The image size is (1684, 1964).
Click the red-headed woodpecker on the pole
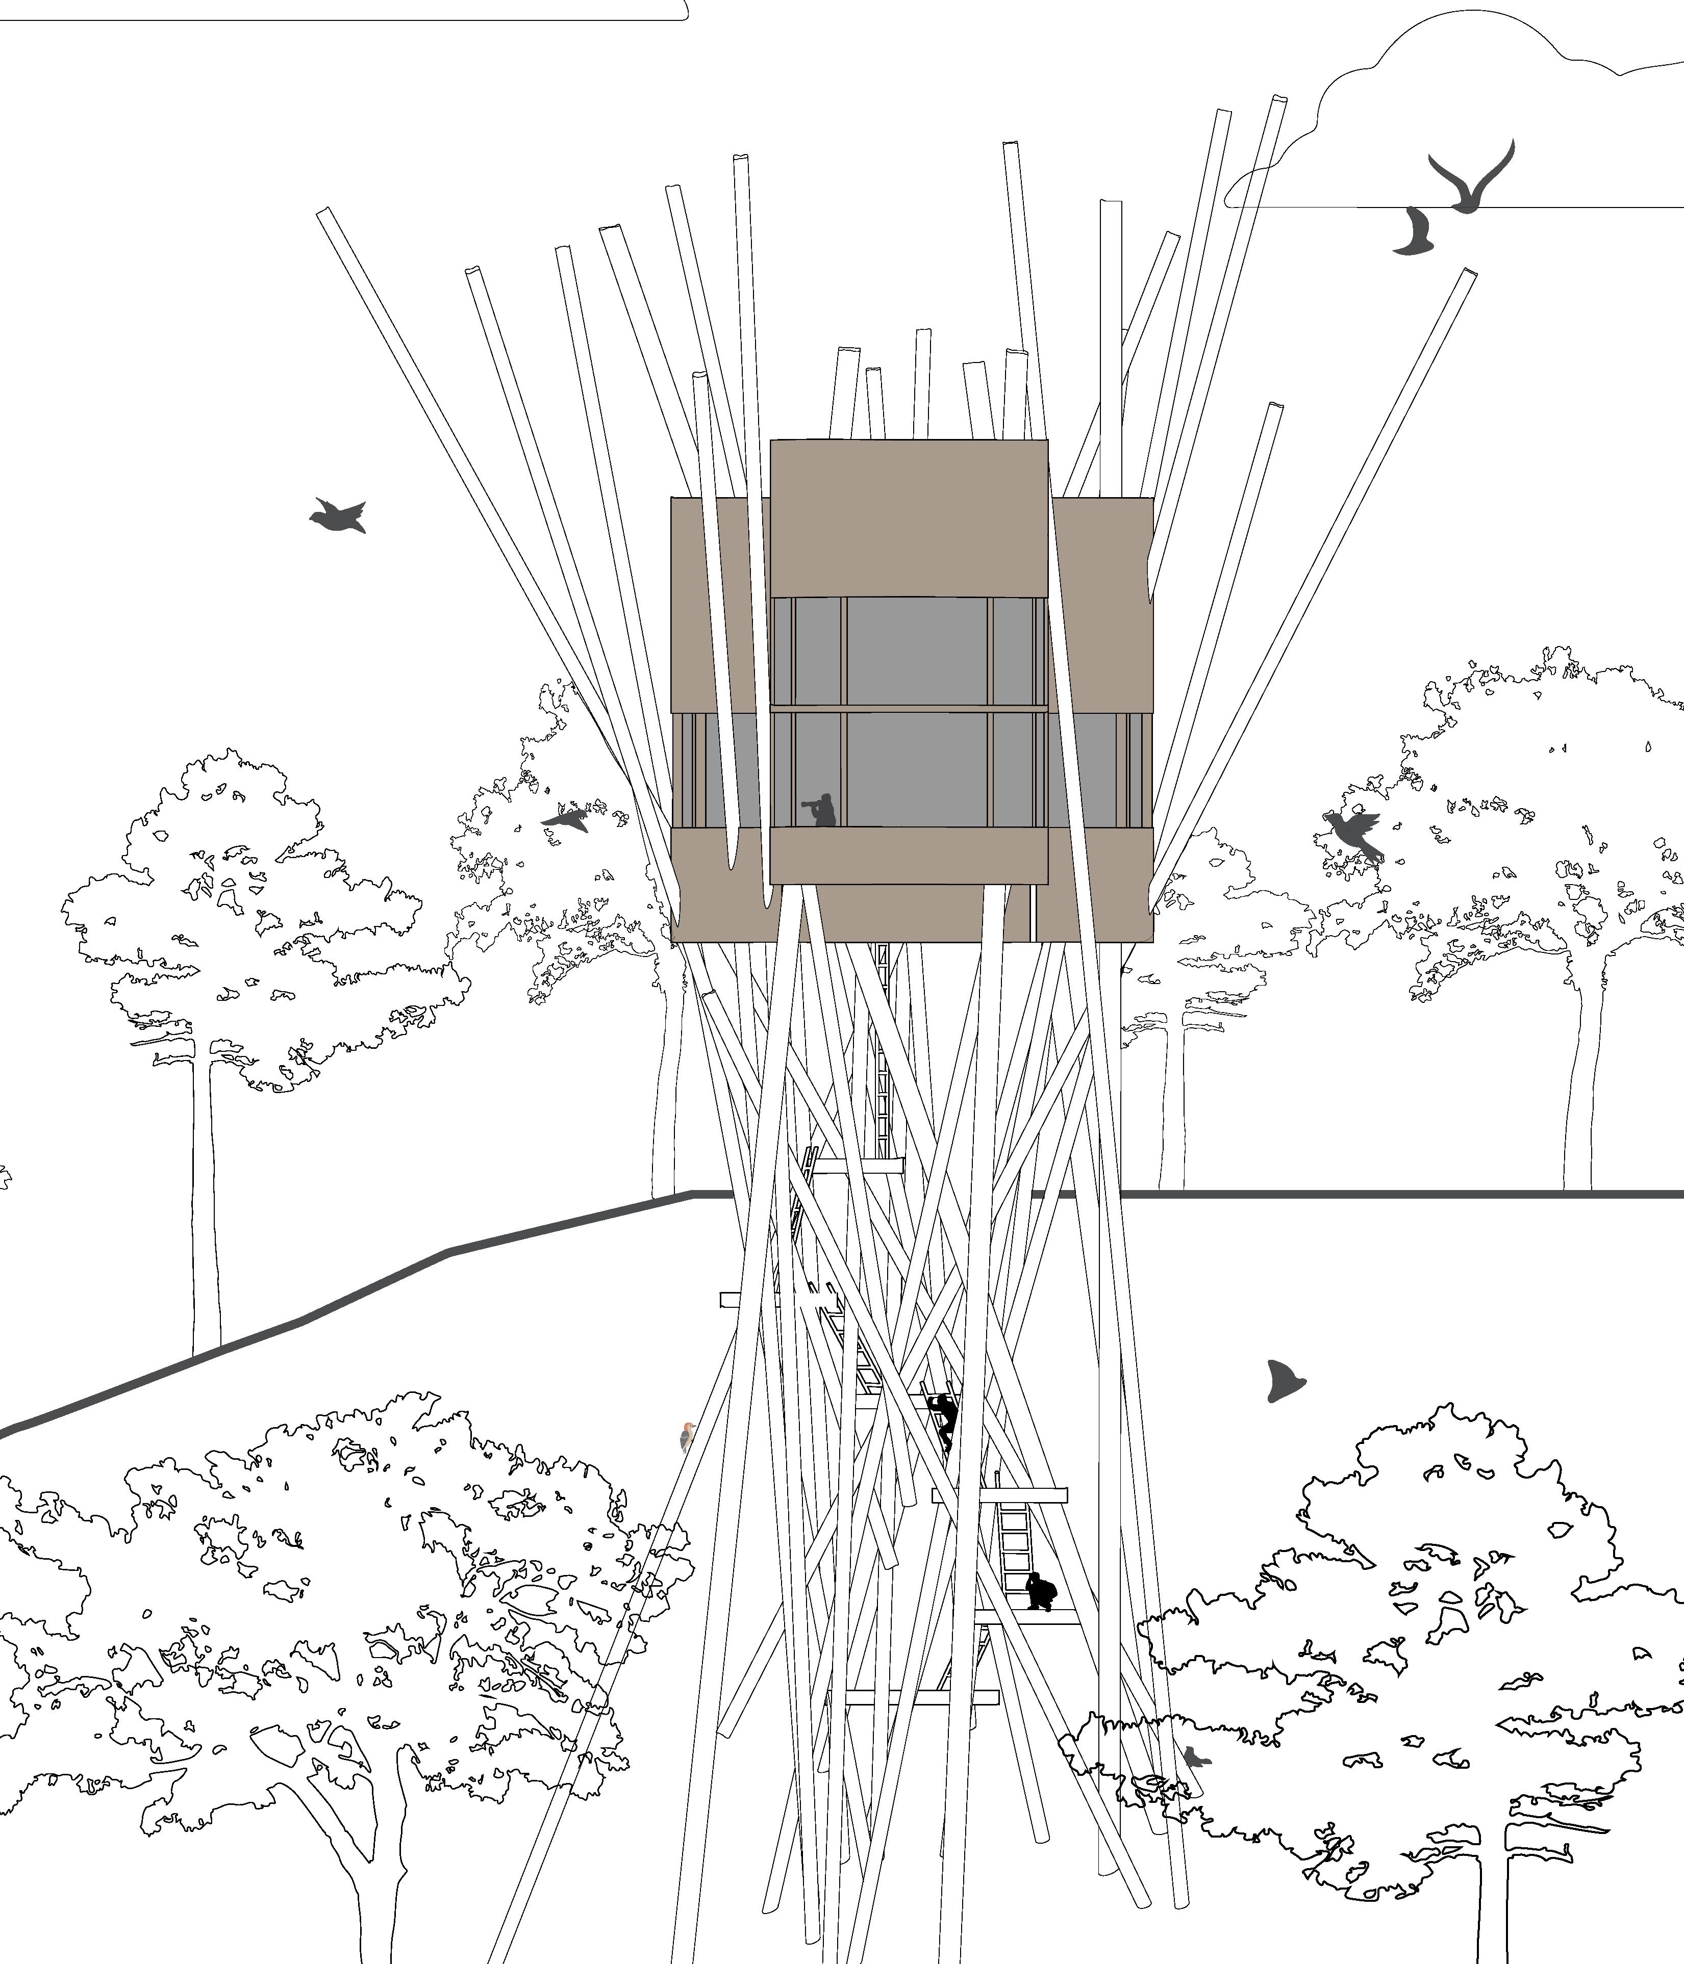click(687, 1437)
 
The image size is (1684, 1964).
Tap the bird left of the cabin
click(567, 819)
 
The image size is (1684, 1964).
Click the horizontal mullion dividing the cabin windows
click(909, 708)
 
